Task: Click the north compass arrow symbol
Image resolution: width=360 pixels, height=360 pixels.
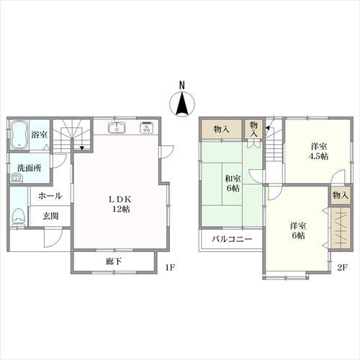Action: [181, 105]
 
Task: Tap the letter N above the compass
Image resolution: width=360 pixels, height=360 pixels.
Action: [181, 85]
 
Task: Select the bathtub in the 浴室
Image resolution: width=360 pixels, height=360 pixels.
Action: [19, 133]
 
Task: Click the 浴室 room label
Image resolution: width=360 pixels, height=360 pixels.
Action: [39, 134]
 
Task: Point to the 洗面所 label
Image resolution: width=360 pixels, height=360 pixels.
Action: [30, 168]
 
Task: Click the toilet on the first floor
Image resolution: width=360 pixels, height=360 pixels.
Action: [19, 217]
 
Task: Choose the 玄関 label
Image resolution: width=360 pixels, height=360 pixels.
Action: [50, 216]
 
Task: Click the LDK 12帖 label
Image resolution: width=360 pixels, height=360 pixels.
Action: [119, 203]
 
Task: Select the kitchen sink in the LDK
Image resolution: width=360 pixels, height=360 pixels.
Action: [117, 129]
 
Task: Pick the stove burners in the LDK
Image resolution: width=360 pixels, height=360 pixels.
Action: [146, 129]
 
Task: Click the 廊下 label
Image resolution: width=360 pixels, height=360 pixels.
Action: [113, 261]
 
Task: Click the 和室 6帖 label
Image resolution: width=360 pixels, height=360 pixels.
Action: [232, 182]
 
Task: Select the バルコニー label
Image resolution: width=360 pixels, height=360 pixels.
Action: [231, 239]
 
